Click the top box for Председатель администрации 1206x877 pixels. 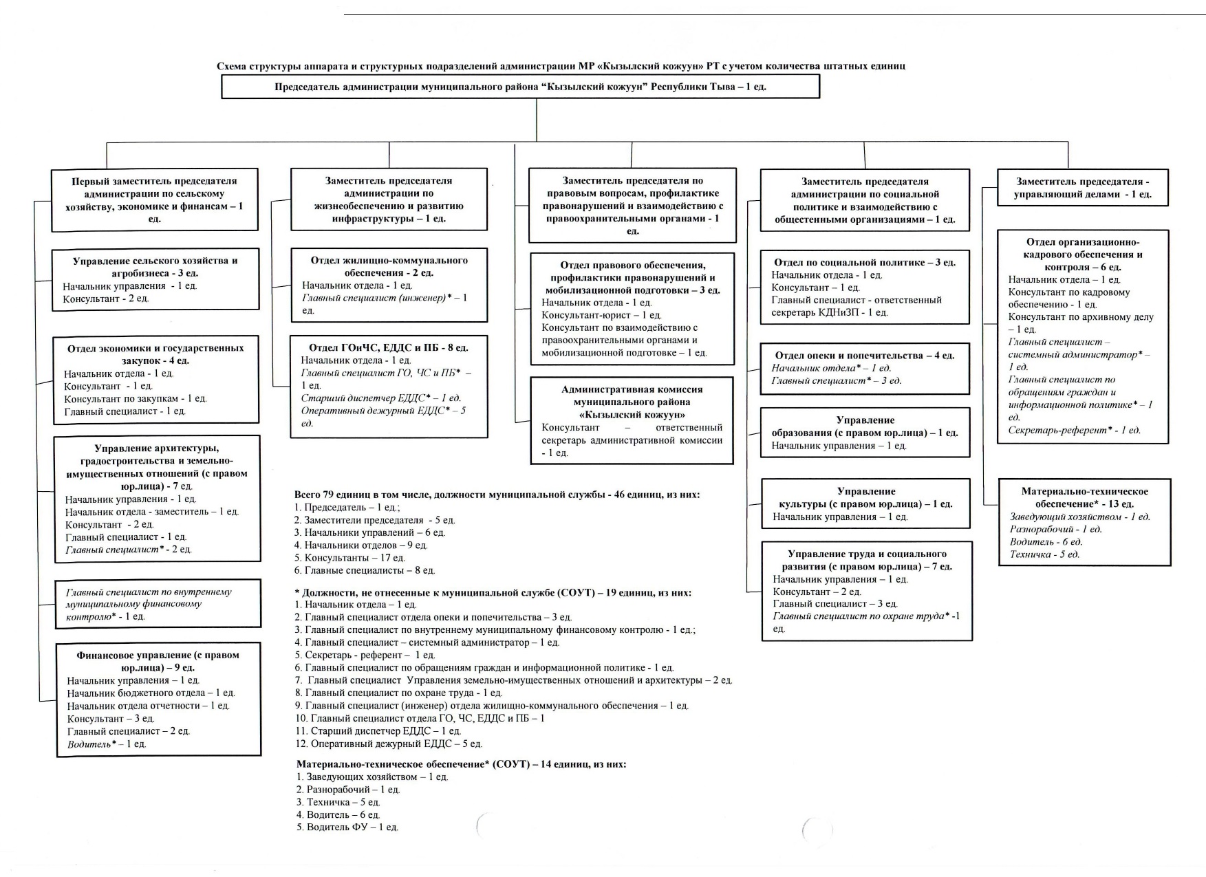pos(520,87)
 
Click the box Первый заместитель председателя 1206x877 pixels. pos(155,199)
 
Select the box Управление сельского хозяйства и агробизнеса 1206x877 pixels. pos(155,279)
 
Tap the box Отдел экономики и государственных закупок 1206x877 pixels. pos(156,379)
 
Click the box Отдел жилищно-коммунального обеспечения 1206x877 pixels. pos(389,285)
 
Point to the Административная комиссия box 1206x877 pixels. pos(632,420)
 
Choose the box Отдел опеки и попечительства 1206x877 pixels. pos(865,368)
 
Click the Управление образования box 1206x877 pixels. pos(865,433)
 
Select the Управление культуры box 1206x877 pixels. pos(865,504)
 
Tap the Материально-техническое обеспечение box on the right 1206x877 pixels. pos(1084,522)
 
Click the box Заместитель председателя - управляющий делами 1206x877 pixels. pos(1083,188)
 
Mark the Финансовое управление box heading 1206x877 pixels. pos(158,661)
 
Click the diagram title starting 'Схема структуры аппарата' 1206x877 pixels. pos(561,66)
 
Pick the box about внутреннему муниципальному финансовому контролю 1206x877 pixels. pos(158,604)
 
